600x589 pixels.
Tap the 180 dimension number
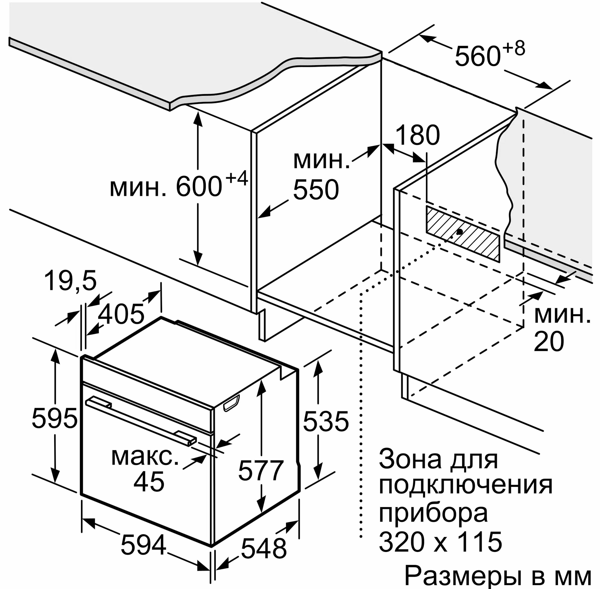pos(418,135)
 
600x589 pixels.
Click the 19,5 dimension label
pos(70,281)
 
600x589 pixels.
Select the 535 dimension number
pos(326,421)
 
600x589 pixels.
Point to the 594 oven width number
pos(143,545)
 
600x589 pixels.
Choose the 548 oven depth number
pos(264,549)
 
